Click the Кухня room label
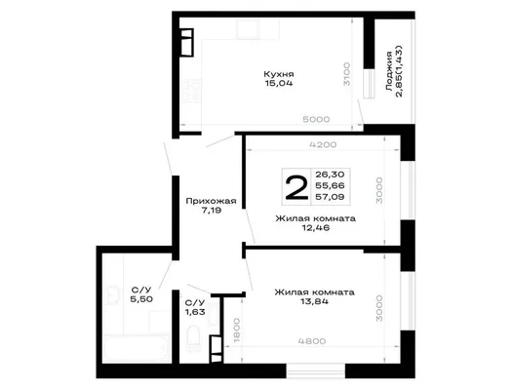(279, 74)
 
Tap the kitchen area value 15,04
(279, 83)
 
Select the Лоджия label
(388, 71)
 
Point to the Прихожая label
(211, 201)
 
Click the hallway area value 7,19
(212, 211)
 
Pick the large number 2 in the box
(296, 187)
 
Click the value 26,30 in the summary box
(330, 175)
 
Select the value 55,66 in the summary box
(330, 185)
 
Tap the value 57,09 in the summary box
(330, 197)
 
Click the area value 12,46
(316, 228)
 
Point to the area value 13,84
(314, 301)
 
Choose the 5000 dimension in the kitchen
(316, 120)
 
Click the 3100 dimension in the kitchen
(346, 74)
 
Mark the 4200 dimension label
(323, 144)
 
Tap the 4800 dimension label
(312, 341)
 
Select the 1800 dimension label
(237, 331)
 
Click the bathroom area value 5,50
(141, 299)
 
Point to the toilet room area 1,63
(195, 312)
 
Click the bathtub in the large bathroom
(137, 348)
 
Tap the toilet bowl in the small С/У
(193, 338)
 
